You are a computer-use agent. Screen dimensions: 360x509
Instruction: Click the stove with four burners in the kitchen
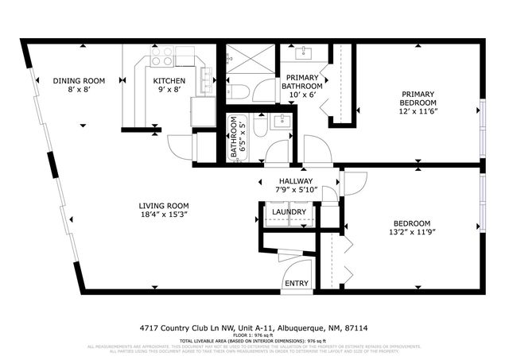pos(162,56)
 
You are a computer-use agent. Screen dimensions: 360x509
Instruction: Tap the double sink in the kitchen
pos(208,77)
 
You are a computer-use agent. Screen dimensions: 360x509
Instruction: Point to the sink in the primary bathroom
pos(304,54)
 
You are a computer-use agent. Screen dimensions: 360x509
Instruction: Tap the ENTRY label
pos(296,283)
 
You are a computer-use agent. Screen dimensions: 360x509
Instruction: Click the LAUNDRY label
pos(288,212)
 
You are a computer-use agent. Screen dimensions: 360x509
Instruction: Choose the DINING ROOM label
pos(79,81)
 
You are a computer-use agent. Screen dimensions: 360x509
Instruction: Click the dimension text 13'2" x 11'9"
pos(412,233)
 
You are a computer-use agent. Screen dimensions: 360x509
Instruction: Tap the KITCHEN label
pos(169,81)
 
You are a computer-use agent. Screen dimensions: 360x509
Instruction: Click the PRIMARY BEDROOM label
pos(418,98)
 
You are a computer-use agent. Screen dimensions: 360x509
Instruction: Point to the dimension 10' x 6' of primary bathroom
pos(303,95)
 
